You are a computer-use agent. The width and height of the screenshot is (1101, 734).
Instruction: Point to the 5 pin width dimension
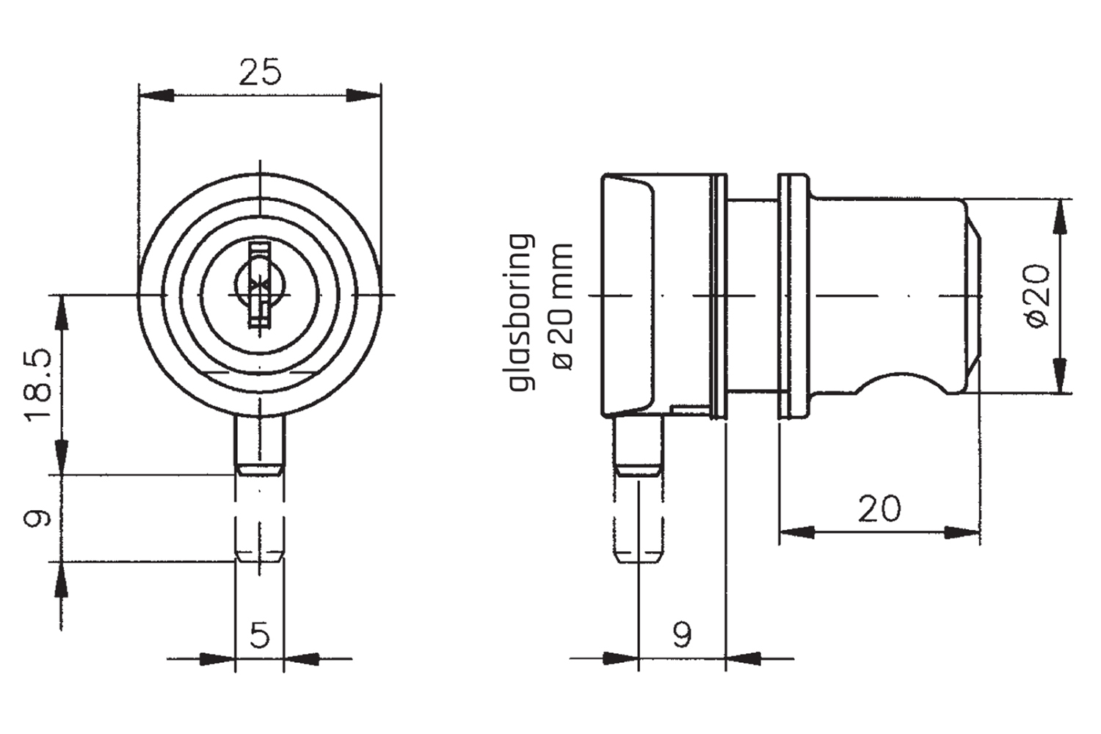point(259,634)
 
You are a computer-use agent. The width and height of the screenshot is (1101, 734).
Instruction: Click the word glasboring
point(520,313)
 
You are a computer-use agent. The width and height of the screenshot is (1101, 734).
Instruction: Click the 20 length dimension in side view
point(879,508)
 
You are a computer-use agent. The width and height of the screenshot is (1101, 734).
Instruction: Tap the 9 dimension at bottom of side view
point(681,634)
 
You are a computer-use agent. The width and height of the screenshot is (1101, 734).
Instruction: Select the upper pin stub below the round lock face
point(259,444)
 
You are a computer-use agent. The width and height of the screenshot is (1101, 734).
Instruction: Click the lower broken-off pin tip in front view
point(259,539)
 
